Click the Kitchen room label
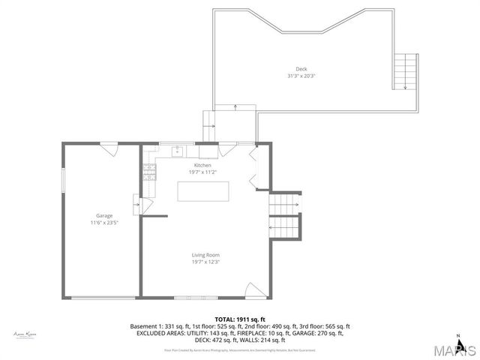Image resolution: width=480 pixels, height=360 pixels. coord(202,165)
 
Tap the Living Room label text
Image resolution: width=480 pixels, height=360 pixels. coord(205,255)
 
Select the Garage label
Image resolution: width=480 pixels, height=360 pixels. coord(103,216)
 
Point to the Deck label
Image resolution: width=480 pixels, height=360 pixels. coord(301,70)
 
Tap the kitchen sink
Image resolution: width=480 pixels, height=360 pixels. coord(178,151)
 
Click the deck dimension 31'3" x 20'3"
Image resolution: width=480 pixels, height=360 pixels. coord(301,76)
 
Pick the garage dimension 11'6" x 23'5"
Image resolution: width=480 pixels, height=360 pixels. coord(103,223)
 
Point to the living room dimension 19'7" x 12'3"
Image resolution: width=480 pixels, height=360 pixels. coord(205,262)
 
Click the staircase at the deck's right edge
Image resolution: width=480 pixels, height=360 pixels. coord(404,71)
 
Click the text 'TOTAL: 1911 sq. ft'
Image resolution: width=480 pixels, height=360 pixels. coord(239,319)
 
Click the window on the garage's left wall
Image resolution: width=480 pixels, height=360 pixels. coord(63,180)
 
